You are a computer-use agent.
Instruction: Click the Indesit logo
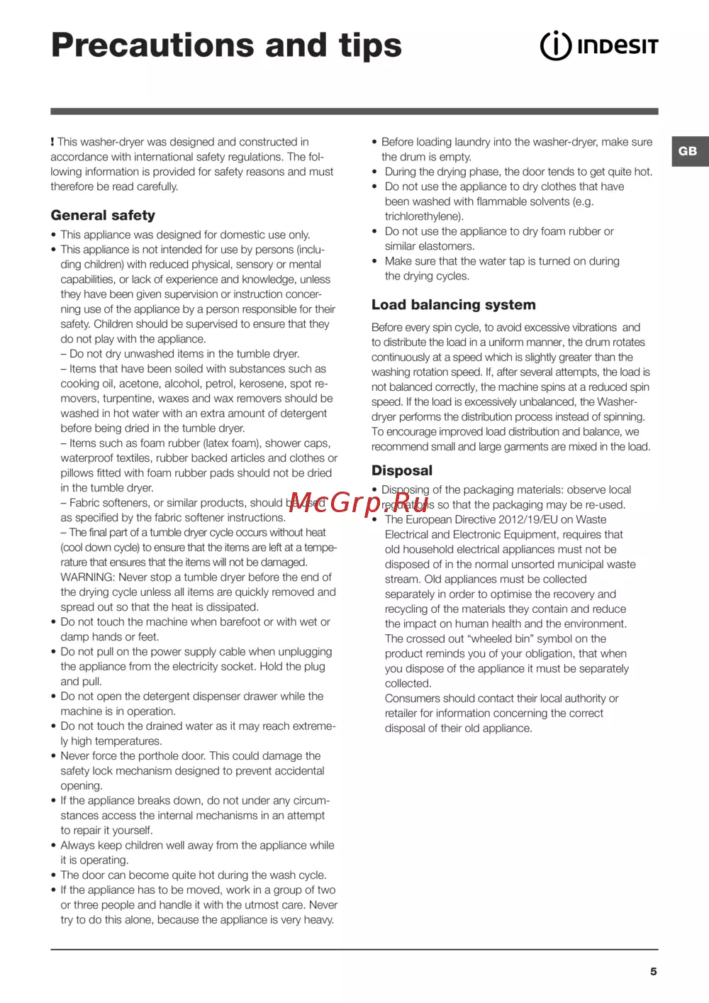[599, 46]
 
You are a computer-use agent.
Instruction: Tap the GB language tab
[688, 151]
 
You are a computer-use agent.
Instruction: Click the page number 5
[654, 972]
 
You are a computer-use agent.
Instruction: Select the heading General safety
[103, 216]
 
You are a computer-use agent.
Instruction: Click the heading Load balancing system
[454, 305]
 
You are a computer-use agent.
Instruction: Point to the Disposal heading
[402, 471]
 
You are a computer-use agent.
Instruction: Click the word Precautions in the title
[152, 45]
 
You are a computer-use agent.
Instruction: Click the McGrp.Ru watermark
[359, 502]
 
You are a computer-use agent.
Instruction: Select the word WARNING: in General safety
[88, 577]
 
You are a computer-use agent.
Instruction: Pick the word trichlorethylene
[423, 217]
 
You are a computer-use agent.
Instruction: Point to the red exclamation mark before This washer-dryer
[52, 142]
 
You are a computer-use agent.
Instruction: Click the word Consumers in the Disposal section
[413, 699]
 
